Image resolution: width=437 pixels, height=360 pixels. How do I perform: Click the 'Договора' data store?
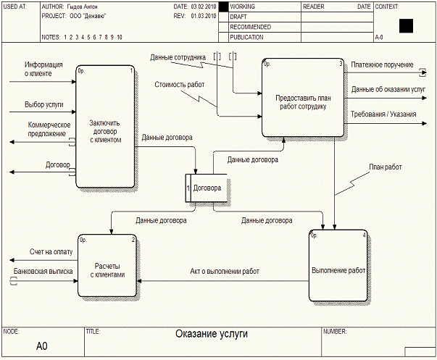pos(211,188)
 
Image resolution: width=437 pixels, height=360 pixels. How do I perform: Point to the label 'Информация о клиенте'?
pos(43,69)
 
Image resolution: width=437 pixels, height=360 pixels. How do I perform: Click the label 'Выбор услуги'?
pos(43,105)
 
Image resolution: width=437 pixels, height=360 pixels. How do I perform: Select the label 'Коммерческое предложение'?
pos(44,129)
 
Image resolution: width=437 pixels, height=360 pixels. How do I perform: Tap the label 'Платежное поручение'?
pos(378,64)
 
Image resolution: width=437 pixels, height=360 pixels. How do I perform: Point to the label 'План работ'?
pos(385,167)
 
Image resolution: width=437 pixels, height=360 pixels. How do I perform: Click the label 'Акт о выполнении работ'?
pos(225,272)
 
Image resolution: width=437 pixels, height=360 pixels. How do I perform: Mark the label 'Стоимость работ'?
pos(179,85)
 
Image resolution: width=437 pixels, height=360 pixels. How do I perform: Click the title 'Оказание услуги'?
pos(212,335)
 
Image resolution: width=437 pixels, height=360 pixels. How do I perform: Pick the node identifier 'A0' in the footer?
pos(42,346)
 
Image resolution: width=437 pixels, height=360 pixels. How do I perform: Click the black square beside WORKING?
pos(223,7)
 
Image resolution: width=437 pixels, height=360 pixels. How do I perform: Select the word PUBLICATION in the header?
pos(246,36)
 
